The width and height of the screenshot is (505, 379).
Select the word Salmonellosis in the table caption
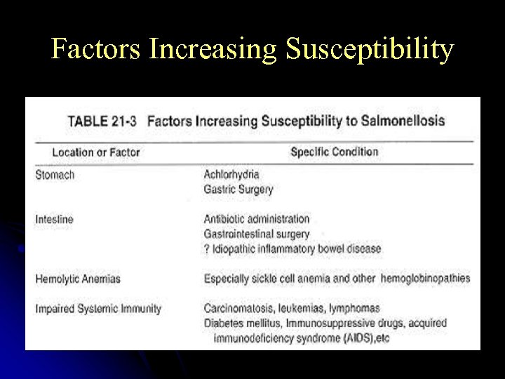[x=403, y=120]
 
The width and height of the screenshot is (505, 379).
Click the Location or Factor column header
[x=95, y=152]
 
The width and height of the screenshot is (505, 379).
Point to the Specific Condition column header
[x=334, y=152]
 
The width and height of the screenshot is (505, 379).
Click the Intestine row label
[x=54, y=220]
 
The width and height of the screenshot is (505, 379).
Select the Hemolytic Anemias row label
[x=78, y=279]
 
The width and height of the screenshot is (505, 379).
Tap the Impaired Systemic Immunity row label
[x=98, y=308]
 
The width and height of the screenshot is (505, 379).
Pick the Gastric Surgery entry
[x=238, y=189]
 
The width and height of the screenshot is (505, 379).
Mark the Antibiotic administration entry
[x=256, y=219]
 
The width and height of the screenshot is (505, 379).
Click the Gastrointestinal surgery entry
[x=256, y=234]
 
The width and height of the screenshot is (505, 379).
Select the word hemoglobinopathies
[x=425, y=279]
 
